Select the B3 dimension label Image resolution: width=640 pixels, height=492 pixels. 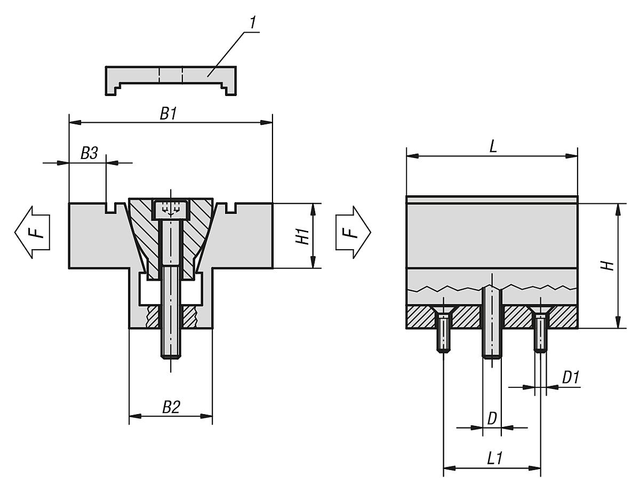click(89, 153)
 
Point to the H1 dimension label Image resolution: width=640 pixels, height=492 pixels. click(303, 235)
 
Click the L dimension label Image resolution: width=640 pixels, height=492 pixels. click(493, 147)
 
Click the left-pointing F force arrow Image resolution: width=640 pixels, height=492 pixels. click(32, 233)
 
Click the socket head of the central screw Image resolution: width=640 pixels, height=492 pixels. click(171, 209)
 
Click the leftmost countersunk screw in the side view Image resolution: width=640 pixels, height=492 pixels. click(444, 331)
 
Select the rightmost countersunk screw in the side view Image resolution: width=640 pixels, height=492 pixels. click(540, 331)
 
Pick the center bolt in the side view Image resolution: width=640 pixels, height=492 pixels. click(491, 323)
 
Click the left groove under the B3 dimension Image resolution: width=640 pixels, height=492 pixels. click(111, 208)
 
